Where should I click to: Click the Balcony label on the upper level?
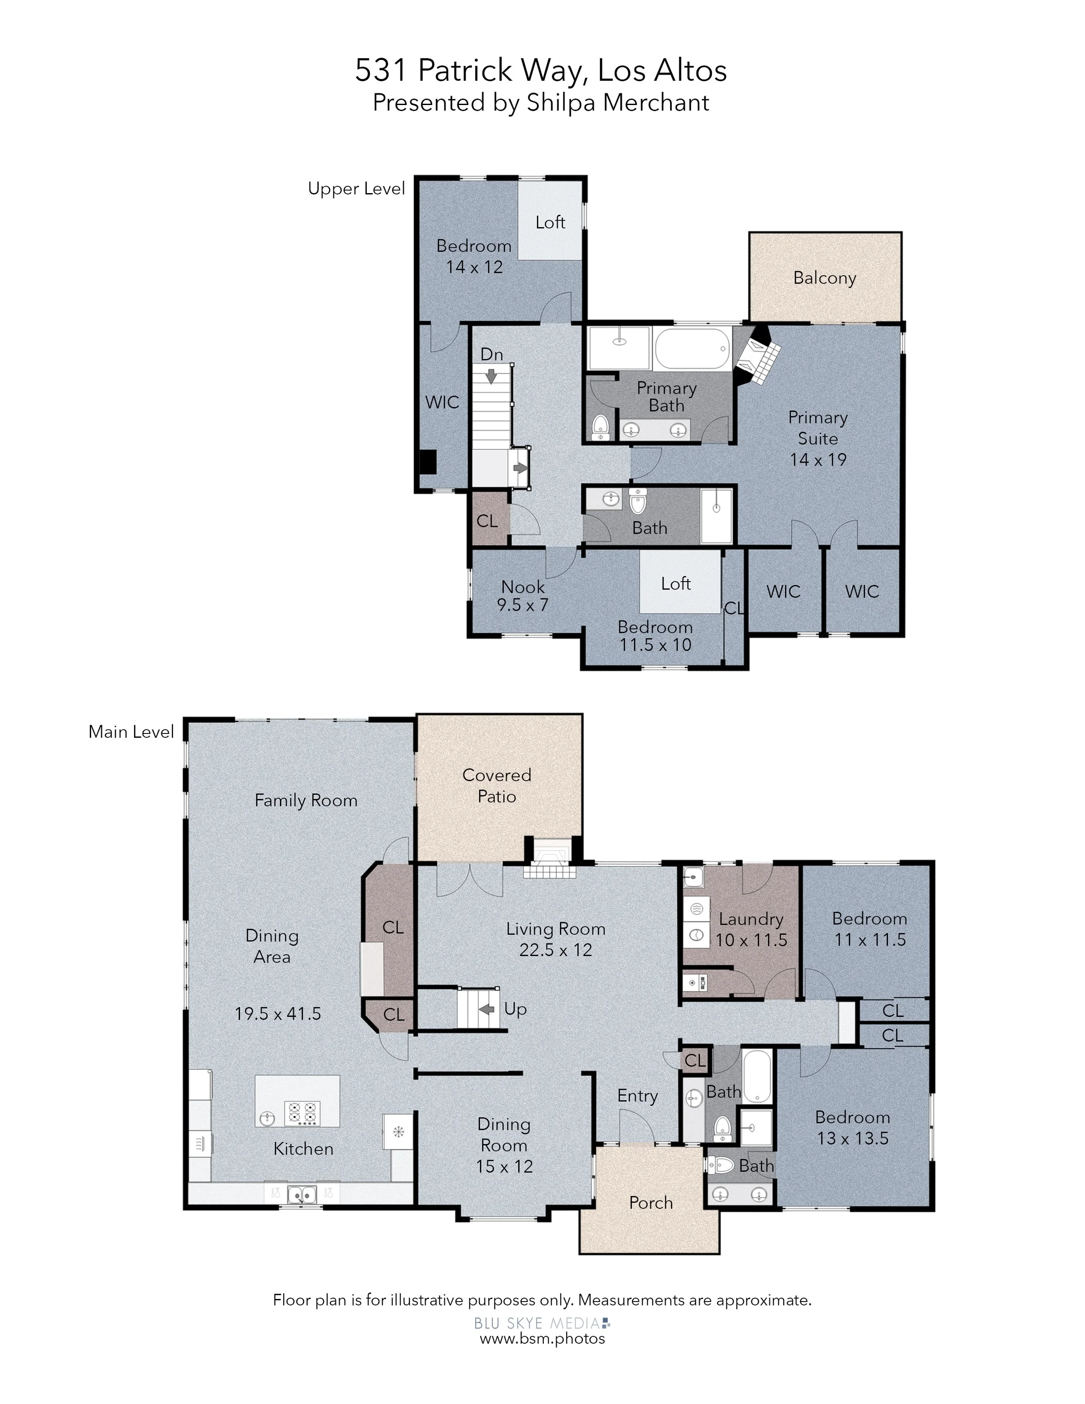pyautogui.click(x=825, y=278)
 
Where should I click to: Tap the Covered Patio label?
pyautogui.click(x=497, y=786)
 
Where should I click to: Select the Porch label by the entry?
pyautogui.click(x=651, y=1202)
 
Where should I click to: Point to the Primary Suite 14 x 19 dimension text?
pyautogui.click(x=818, y=460)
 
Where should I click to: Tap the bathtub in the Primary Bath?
pyautogui.click(x=692, y=349)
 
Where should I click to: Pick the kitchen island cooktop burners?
pyautogui.click(x=302, y=1112)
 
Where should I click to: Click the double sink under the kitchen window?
pyautogui.click(x=302, y=1194)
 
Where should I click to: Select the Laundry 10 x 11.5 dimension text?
pyautogui.click(x=751, y=940)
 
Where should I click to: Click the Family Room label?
pyautogui.click(x=306, y=800)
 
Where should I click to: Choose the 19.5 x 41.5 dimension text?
pyautogui.click(x=278, y=1014)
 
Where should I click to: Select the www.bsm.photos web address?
pyautogui.click(x=542, y=1338)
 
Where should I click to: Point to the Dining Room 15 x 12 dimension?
pyautogui.click(x=505, y=1166)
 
